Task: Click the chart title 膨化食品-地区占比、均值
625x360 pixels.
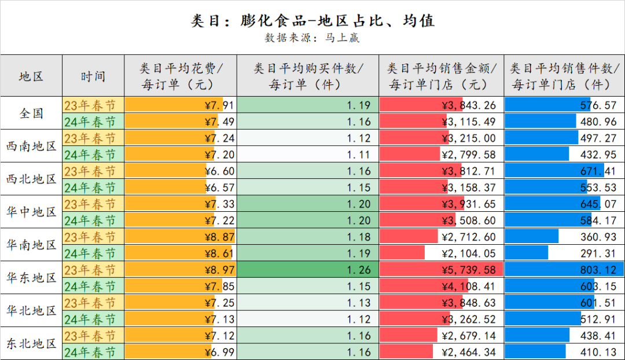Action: [312, 21]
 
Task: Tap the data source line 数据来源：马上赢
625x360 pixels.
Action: [312, 38]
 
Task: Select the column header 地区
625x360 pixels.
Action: [31, 76]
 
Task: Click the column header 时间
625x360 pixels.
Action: [93, 76]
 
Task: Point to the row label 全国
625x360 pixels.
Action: [31, 113]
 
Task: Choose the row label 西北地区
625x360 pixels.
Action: [31, 179]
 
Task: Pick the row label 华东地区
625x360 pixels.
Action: [31, 278]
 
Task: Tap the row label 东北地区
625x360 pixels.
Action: [31, 344]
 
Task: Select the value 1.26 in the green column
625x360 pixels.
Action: [359, 270]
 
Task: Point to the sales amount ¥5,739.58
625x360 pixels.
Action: [468, 270]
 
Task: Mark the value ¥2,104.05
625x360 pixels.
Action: [468, 254]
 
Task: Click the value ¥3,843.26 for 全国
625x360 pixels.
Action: [468, 105]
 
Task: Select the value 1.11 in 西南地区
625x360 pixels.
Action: [359, 155]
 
